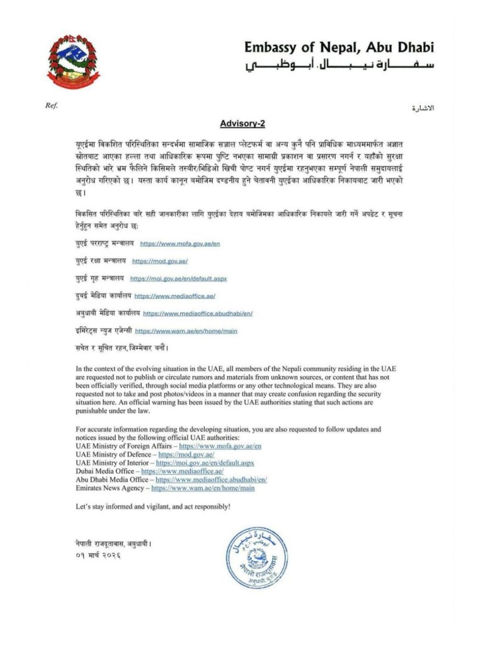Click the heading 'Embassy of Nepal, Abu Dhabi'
click(339, 48)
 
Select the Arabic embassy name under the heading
click(339, 66)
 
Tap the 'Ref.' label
click(51, 105)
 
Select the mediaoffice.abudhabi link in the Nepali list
click(198, 313)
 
